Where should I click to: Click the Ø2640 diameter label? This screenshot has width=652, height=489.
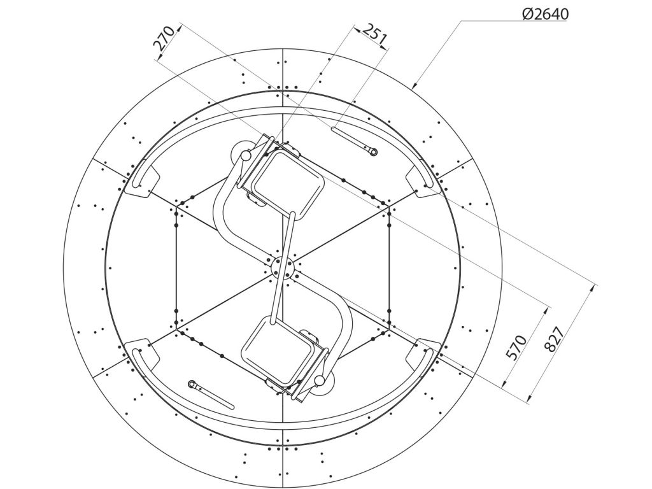click(x=545, y=14)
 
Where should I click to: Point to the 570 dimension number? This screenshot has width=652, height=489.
click(x=516, y=347)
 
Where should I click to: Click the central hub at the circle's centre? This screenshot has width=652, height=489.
click(x=282, y=268)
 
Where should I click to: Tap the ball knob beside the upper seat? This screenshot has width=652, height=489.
click(x=246, y=155)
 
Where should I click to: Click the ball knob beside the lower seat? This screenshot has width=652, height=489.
click(x=320, y=380)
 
